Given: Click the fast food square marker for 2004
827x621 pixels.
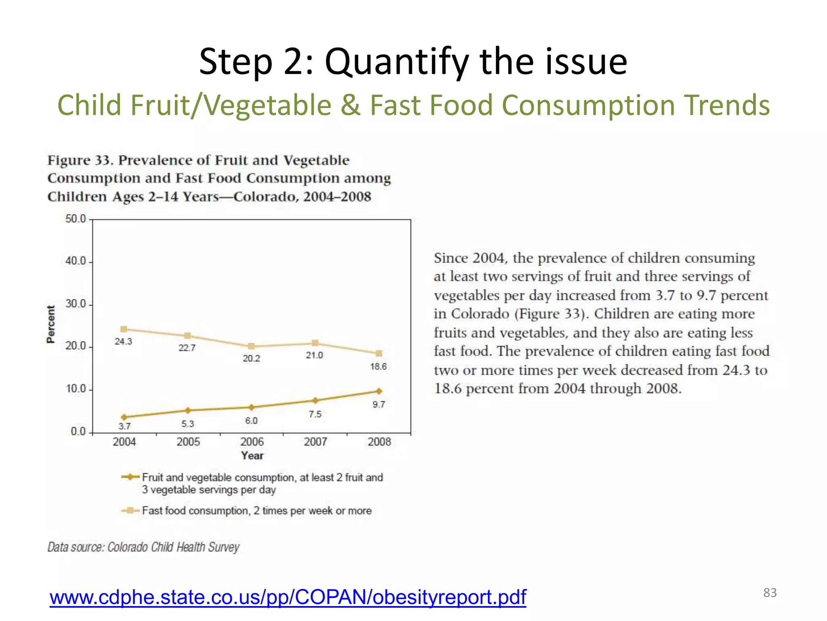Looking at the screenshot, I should pos(124,329).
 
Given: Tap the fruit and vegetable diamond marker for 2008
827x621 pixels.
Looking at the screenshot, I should pos(379,391).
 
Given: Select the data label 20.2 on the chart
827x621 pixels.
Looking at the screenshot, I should pos(251,359).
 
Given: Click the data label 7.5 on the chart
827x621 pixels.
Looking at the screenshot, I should pos(315,414).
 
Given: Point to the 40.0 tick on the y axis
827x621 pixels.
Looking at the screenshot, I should pos(76,261).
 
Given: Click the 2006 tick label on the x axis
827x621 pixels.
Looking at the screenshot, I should pos(252,442).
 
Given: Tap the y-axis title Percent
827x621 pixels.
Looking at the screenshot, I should pos(50,324).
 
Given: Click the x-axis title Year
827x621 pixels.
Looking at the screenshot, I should pos(252,456).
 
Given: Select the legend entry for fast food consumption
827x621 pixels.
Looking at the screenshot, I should pos(256,511).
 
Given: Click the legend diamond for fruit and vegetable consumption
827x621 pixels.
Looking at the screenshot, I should pos(130,477).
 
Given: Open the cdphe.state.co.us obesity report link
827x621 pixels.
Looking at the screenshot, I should pos(288,597).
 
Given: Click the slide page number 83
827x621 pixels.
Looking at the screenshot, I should pos(770,593).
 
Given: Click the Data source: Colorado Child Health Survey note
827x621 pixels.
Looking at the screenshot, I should pos(143,547).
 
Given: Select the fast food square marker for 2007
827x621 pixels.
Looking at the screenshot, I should pos(315,343).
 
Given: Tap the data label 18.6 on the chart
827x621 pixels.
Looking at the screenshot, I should pos(378,367).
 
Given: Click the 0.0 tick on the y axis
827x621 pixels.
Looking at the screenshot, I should pos(78,431).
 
